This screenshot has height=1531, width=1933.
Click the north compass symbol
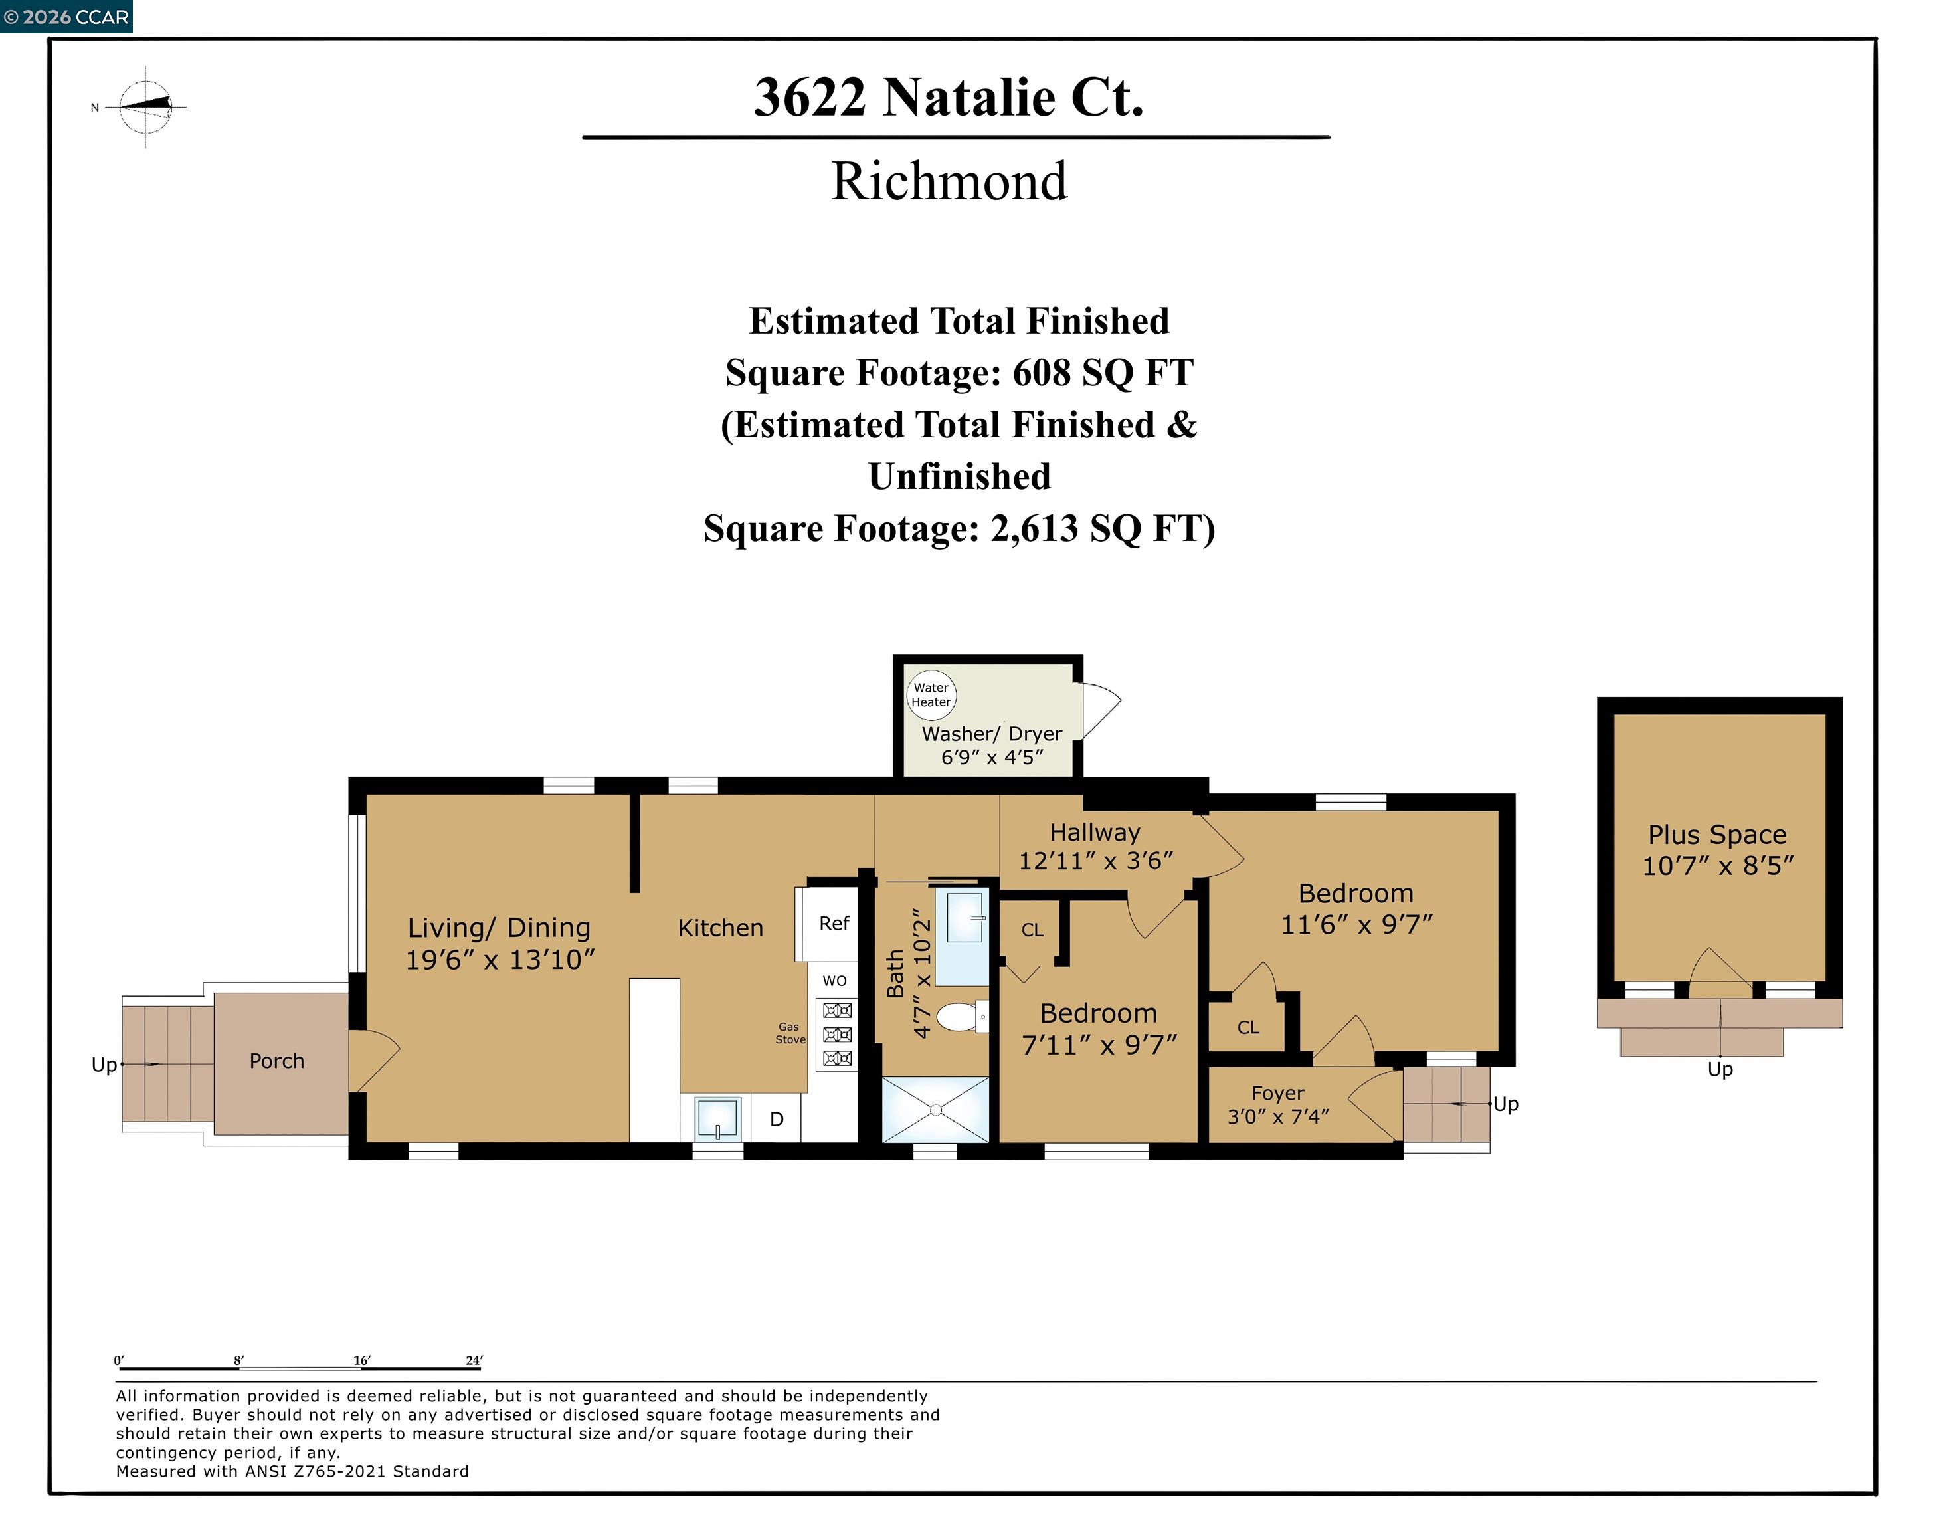(x=146, y=107)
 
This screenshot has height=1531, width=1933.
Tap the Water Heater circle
(x=931, y=694)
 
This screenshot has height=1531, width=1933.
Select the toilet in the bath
(x=957, y=1017)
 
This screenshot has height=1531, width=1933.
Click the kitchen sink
(x=717, y=1118)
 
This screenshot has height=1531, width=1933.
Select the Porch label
(x=277, y=1061)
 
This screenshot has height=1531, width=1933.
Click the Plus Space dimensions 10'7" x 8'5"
(x=1717, y=866)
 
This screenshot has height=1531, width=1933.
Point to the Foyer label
(x=1278, y=1094)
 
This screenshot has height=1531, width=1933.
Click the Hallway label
(x=1095, y=833)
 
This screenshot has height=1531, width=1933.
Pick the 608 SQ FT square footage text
(x=1102, y=373)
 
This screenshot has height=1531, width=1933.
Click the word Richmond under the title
(x=949, y=181)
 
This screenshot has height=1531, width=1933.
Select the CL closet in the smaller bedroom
(x=1032, y=930)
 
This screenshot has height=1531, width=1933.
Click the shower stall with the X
(x=935, y=1110)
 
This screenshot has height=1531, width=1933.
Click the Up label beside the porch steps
(x=104, y=1065)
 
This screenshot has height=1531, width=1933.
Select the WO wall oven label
(x=834, y=981)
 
